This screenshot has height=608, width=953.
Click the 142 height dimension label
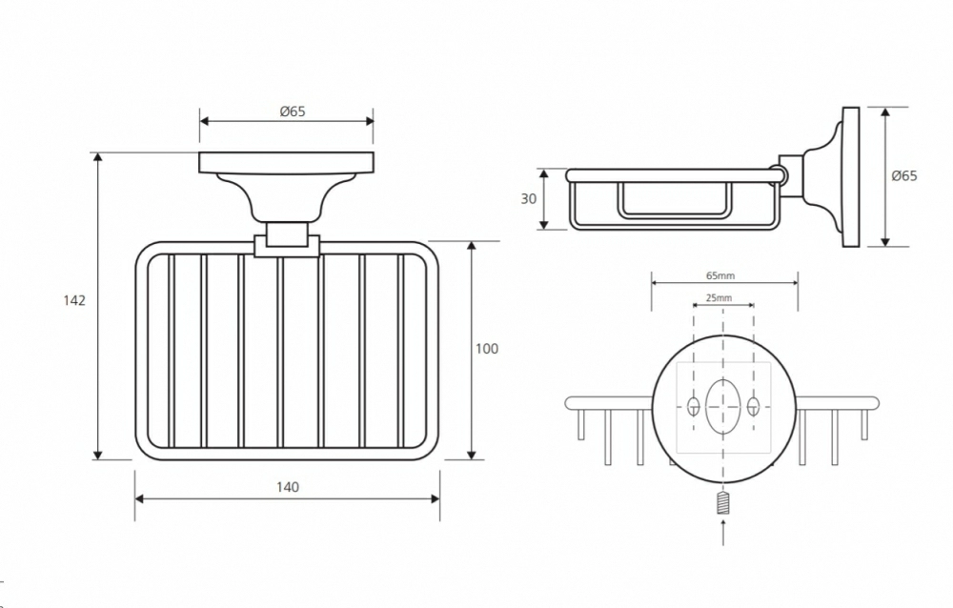74,300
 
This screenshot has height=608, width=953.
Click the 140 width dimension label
288,487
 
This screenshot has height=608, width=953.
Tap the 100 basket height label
486,349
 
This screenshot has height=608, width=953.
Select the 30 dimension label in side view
528,199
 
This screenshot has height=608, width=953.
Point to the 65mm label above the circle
720,276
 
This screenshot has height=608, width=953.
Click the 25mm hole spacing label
719,298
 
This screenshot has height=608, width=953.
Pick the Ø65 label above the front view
293,111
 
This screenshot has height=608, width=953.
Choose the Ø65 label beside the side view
903,175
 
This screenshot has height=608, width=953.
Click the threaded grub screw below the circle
722,503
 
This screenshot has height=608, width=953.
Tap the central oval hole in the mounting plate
723,406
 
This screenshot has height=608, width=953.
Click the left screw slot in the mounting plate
693,406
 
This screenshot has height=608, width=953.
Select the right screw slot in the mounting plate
754,406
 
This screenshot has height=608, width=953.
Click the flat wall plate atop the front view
287,163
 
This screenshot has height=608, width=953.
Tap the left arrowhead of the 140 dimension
139,499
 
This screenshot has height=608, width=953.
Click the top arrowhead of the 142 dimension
98,158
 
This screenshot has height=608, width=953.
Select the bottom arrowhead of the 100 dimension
472,454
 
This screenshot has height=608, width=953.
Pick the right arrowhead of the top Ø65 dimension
369,121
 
